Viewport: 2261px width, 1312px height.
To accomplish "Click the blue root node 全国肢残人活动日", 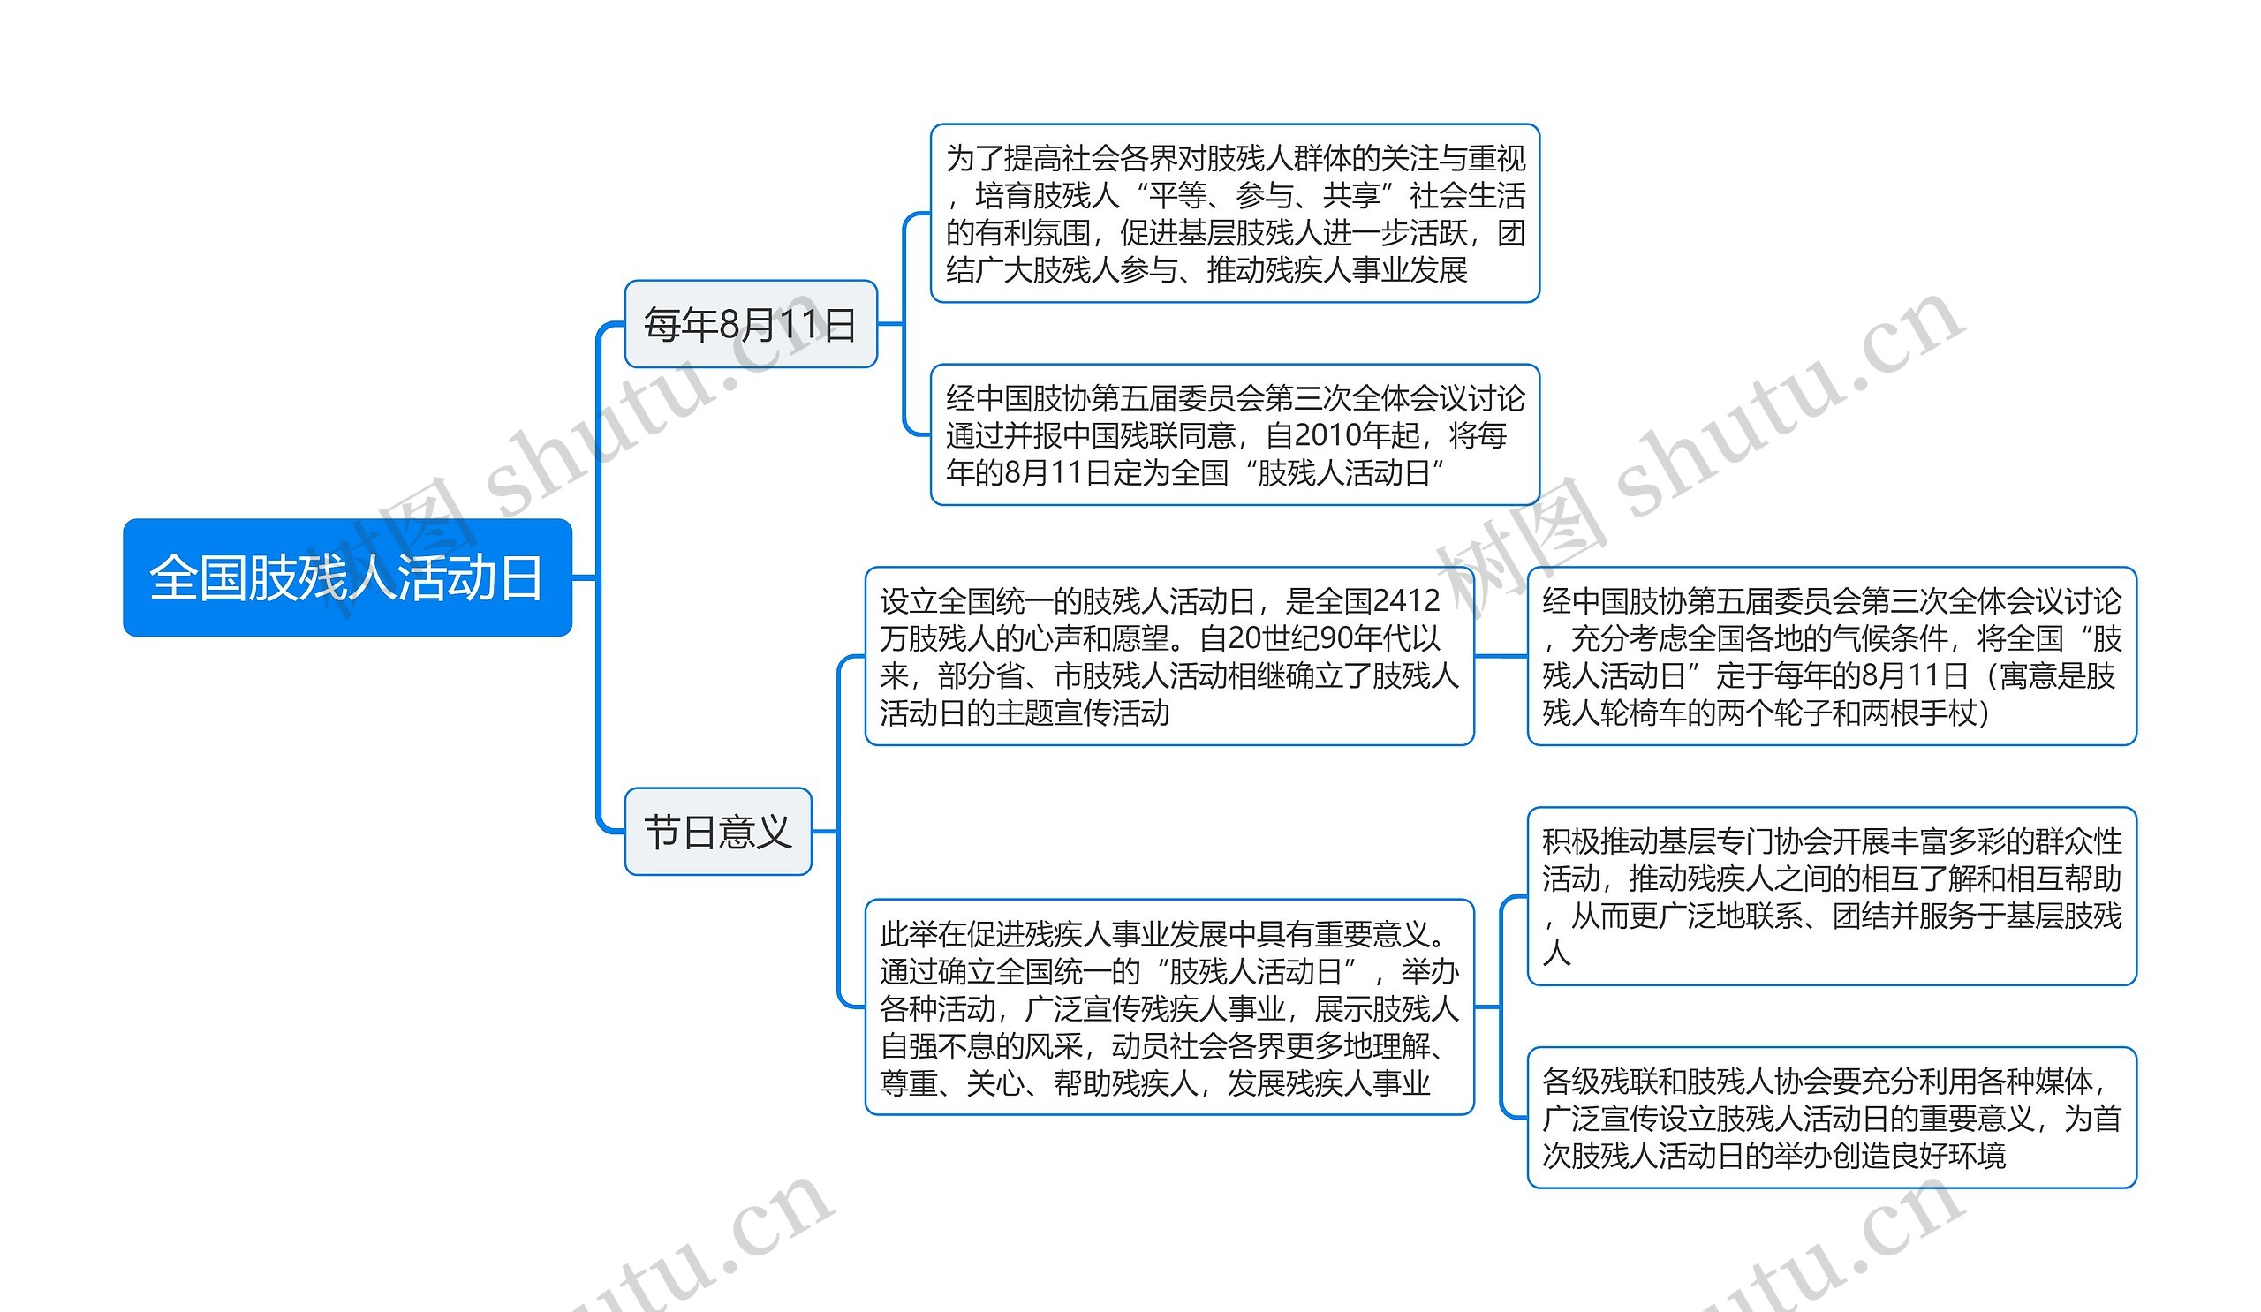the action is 347,577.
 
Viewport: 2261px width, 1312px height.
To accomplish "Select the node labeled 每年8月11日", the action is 750,324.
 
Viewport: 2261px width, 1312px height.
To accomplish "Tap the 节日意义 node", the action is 718,832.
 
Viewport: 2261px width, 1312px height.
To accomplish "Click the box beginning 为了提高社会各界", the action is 1235,214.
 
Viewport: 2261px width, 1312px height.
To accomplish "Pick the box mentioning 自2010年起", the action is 1235,435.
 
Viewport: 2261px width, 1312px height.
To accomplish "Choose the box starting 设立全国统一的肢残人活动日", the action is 1169,657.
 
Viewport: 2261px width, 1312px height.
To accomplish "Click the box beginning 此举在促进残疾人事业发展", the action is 1169,1008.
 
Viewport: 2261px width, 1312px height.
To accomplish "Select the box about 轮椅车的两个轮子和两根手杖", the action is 1831,657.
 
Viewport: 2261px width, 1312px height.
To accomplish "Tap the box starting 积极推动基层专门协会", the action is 1831,896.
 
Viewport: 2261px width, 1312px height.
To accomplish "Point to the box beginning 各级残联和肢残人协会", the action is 1831,1118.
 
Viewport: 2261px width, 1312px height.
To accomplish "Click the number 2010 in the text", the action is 1323,436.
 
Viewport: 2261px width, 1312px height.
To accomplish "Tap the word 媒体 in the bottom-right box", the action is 2059,1082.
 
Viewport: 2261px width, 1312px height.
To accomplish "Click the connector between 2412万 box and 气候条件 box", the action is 1501,657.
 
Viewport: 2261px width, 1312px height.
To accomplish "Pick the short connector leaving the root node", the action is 584,577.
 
